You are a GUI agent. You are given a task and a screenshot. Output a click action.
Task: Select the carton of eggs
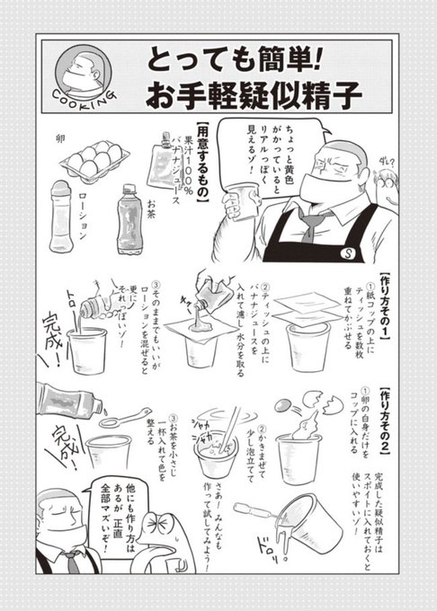tap(94, 161)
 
